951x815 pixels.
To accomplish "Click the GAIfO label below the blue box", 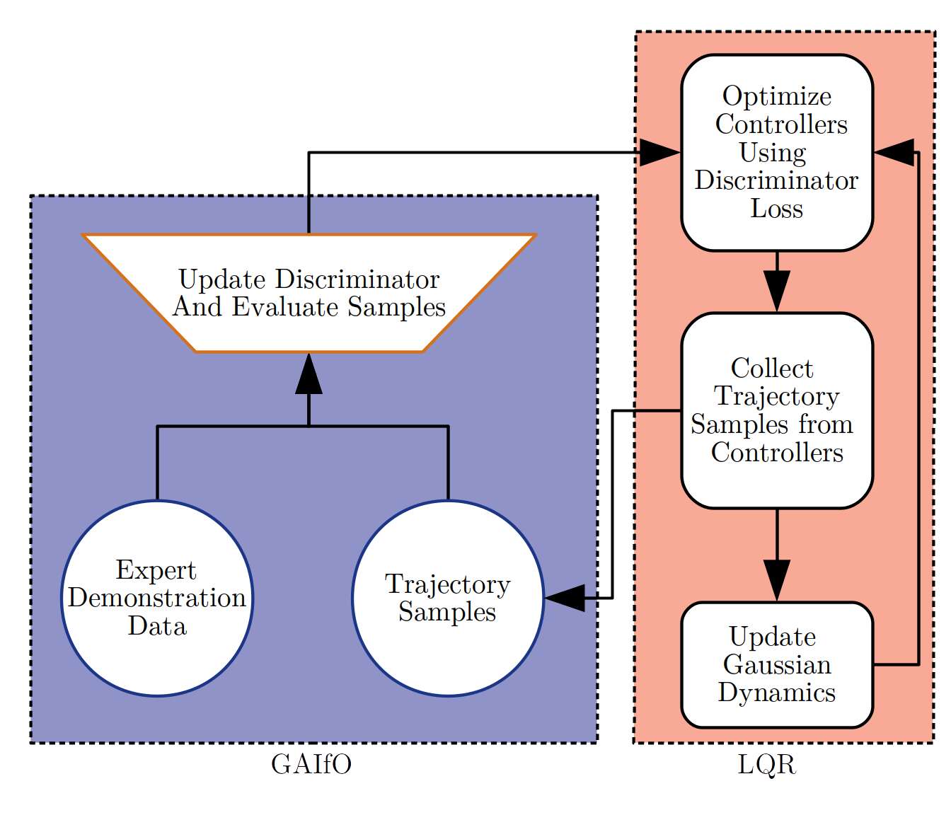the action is tap(311, 764).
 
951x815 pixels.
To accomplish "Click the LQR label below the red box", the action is tap(767, 764).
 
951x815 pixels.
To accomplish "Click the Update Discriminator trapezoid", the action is tap(309, 293).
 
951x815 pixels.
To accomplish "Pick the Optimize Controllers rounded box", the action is tap(777, 153).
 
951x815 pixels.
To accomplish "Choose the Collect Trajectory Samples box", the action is tap(777, 411).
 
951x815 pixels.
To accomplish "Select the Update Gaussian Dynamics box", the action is tap(777, 665).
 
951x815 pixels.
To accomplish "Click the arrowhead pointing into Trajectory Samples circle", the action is tap(565, 598).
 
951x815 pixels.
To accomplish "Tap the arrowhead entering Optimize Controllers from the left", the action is tap(660, 153).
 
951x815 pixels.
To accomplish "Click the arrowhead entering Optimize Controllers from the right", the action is tap(894, 153).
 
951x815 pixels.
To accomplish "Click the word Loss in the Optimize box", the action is tap(777, 209).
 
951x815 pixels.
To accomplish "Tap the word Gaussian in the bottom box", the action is tap(777, 665).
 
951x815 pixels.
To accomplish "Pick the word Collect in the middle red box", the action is tap(773, 369).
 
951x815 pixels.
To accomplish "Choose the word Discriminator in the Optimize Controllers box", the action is tap(777, 180).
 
